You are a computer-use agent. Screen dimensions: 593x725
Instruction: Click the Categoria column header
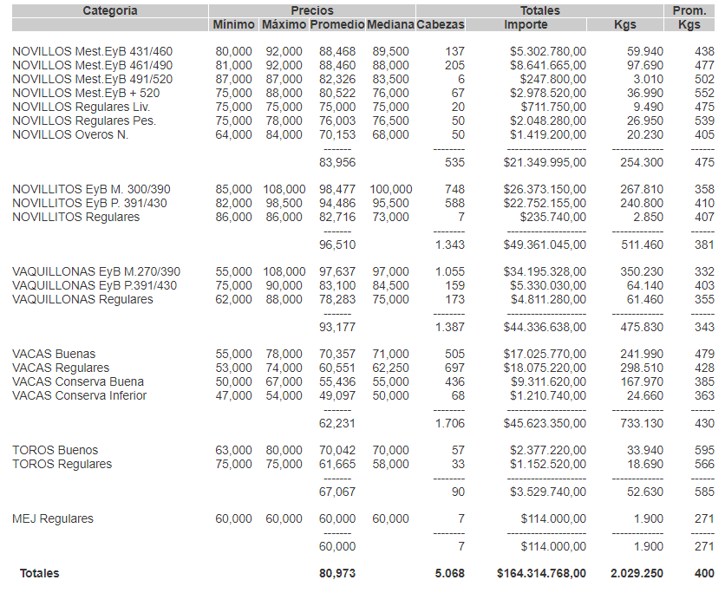(x=109, y=10)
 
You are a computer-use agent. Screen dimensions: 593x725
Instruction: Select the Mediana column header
(x=390, y=24)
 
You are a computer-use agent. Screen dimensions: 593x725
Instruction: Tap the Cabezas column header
(x=441, y=24)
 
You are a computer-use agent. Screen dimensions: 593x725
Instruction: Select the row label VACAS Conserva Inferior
(x=80, y=395)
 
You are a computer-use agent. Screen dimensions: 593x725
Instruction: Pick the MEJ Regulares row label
(x=53, y=518)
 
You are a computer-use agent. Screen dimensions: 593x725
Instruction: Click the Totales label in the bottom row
(x=40, y=573)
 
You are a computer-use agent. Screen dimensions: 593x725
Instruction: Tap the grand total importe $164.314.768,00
(x=542, y=573)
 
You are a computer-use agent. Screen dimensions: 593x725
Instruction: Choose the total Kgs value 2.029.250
(x=637, y=573)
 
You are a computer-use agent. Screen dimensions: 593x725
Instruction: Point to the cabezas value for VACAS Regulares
(x=454, y=368)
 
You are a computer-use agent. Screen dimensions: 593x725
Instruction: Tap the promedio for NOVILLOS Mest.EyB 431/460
(x=337, y=51)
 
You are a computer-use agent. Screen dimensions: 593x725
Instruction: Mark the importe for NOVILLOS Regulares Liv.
(x=552, y=107)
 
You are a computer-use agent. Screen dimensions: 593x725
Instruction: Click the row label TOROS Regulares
(x=62, y=464)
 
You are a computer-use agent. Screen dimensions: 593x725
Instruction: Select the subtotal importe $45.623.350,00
(x=545, y=423)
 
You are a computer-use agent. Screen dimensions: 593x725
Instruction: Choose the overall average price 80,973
(x=337, y=573)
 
